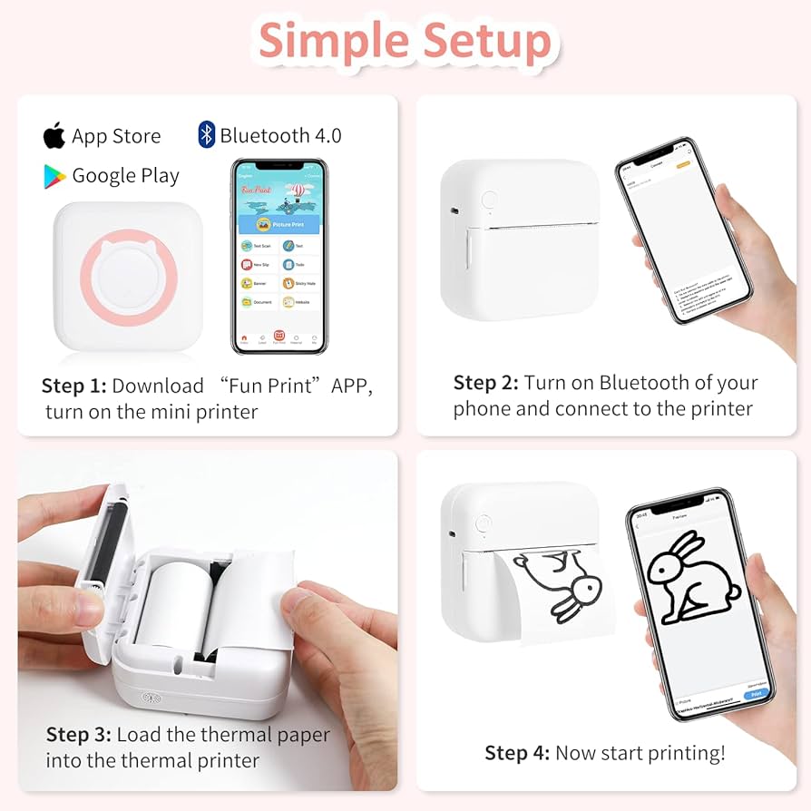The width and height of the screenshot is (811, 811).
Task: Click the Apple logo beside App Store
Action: click(54, 136)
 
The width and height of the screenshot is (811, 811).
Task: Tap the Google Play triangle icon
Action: click(54, 176)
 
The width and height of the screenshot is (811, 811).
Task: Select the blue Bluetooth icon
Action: click(206, 135)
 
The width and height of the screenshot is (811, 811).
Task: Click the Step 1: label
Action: click(73, 386)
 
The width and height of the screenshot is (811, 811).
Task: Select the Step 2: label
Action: click(486, 383)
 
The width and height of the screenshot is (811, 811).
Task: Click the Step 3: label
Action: click(79, 734)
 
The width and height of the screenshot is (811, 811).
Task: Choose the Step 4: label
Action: click(517, 752)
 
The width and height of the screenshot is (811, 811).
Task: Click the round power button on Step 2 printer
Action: click(490, 200)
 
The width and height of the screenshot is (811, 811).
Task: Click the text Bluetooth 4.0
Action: click(280, 136)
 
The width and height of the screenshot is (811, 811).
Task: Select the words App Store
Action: click(116, 137)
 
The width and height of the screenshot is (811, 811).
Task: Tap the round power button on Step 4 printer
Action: click(484, 523)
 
